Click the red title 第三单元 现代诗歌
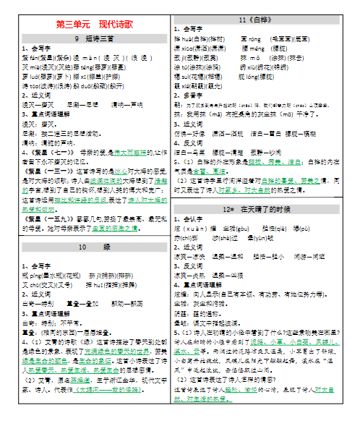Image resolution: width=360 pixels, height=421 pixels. pos(89,24)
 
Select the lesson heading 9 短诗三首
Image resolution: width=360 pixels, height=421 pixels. pos(89,38)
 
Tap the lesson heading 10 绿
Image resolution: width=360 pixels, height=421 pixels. pos(89,247)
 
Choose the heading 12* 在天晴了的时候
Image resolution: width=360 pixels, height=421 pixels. pos(265,208)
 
